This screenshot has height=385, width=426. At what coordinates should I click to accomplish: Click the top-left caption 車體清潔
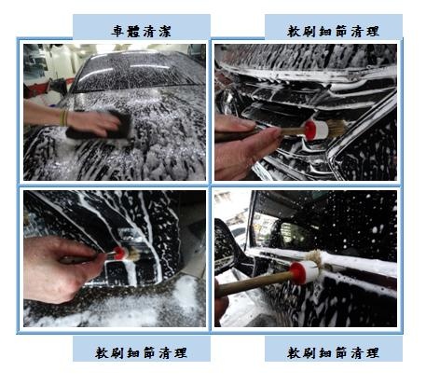point(142,32)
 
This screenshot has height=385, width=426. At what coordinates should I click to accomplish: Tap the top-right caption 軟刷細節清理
point(333,32)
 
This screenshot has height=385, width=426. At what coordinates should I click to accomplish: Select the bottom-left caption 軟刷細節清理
point(142,353)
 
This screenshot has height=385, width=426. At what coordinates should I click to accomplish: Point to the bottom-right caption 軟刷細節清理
point(333,353)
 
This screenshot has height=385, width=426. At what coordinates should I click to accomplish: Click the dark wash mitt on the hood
point(100,126)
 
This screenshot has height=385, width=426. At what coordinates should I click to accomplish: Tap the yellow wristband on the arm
point(64,117)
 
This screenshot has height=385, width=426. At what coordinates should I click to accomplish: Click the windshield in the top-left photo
point(137,72)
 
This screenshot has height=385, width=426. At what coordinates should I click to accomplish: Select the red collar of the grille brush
point(310,131)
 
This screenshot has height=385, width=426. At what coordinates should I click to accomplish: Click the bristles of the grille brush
point(337,128)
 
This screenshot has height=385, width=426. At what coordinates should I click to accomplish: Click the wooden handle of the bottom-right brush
point(254,283)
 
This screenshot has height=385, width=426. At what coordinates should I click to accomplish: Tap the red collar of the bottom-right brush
point(297,273)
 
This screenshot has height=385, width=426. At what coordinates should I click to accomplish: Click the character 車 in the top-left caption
point(117,32)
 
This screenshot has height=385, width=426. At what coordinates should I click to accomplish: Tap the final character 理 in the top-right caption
point(373,32)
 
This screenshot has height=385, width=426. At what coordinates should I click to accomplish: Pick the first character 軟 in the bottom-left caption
point(102,353)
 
